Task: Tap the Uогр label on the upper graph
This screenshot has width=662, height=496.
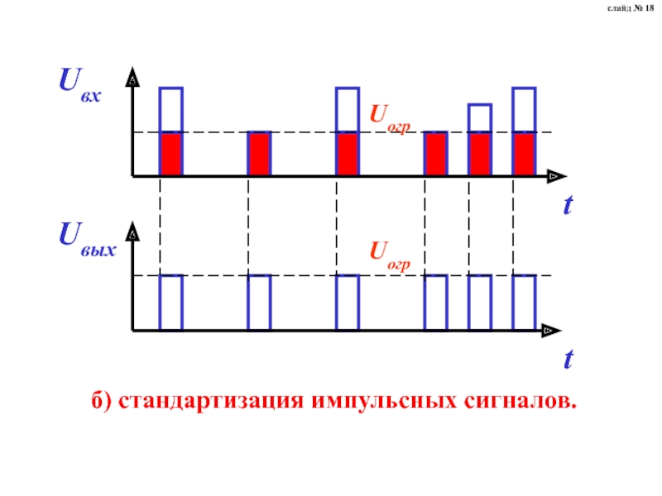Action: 389,117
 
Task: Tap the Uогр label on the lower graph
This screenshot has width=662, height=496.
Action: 389,252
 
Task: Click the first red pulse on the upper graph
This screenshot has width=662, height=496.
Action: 170,154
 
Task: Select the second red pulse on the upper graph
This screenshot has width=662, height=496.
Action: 259,154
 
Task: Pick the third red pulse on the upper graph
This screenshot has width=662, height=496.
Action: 348,154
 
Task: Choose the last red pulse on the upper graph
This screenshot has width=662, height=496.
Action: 524,154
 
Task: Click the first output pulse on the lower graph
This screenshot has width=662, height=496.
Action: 170,303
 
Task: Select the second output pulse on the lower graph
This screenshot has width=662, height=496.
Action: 259,303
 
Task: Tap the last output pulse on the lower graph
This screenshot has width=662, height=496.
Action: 524,303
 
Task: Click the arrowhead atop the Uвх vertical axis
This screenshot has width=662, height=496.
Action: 132,79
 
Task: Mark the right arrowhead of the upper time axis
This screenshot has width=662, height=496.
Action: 554,176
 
